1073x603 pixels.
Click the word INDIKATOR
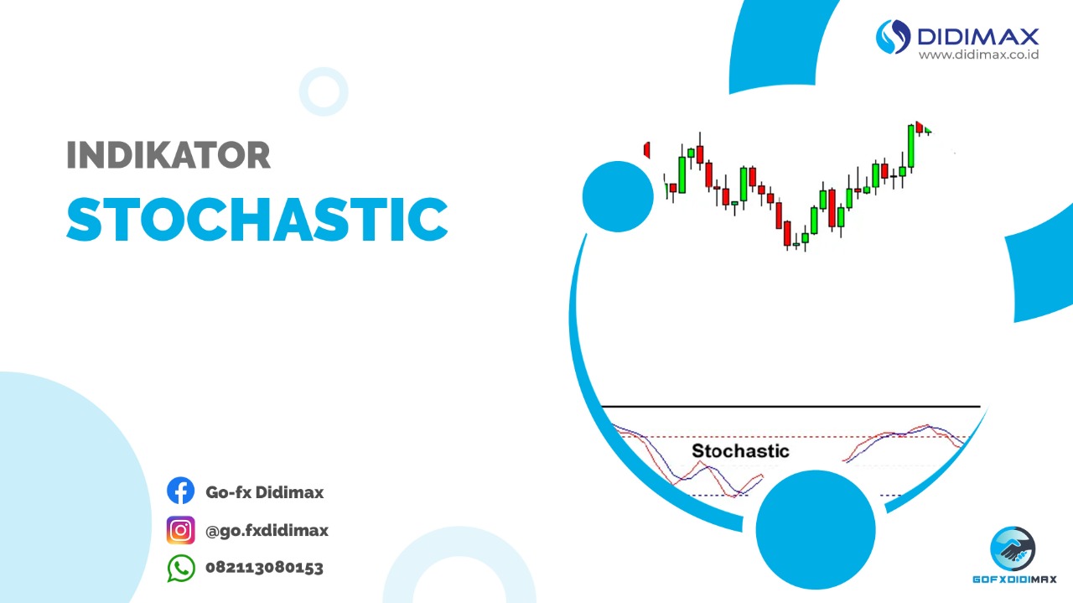(168, 155)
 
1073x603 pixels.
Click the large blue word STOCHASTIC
(257, 219)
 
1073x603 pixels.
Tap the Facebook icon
(180, 491)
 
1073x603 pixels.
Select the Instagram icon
(180, 530)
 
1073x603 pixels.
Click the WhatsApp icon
(181, 569)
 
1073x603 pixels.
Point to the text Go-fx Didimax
(264, 492)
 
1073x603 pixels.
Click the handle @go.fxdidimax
(267, 531)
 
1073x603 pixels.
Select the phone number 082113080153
(264, 568)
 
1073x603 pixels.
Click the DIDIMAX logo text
(978, 37)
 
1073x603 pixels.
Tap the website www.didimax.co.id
(978, 55)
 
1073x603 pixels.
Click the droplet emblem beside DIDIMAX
(894, 37)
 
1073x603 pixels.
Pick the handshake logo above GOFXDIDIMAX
(1013, 549)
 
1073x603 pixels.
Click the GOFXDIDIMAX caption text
(1014, 580)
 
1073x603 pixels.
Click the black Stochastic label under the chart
(740, 451)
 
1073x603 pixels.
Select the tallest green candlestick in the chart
(911, 146)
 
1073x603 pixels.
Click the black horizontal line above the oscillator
(790, 407)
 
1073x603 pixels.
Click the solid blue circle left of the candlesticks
(618, 196)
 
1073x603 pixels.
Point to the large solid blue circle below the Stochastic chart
(816, 530)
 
